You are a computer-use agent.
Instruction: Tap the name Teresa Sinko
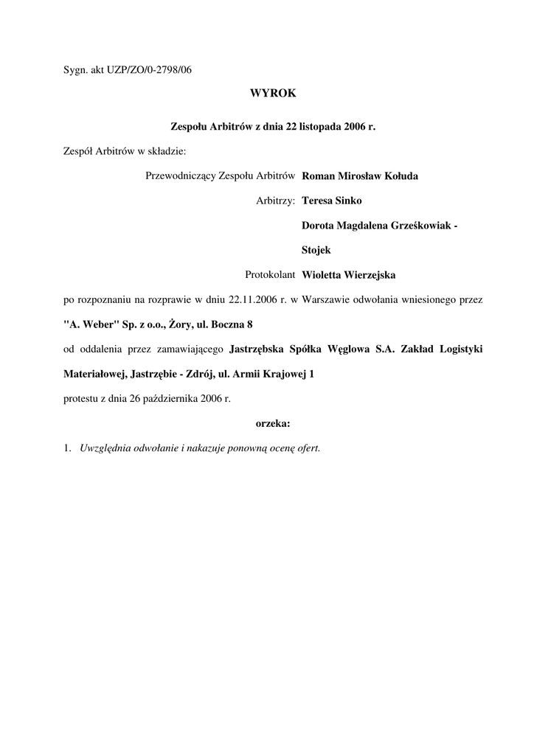click(x=332, y=200)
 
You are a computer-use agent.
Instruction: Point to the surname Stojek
click(x=316, y=250)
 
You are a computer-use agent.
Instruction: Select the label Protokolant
click(x=271, y=275)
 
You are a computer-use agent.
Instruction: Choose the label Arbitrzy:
click(x=276, y=200)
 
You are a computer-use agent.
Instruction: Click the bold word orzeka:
click(x=273, y=423)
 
